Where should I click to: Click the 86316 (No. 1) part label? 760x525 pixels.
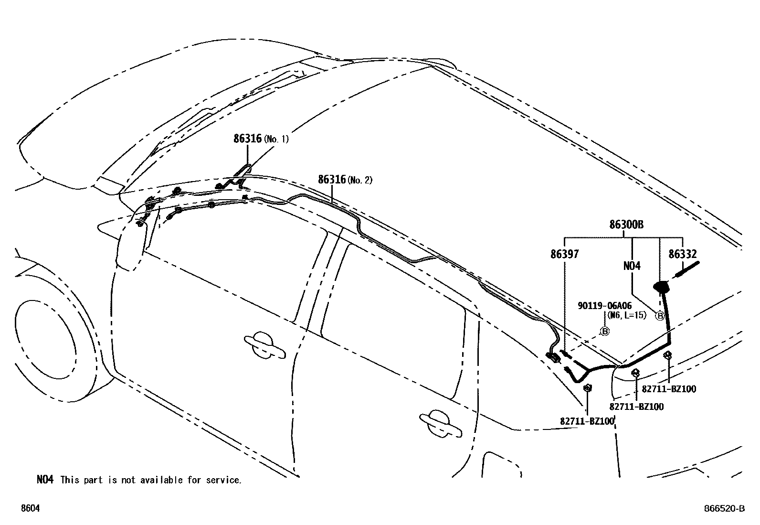pyautogui.click(x=261, y=139)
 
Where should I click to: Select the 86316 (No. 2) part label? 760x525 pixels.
pyautogui.click(x=345, y=180)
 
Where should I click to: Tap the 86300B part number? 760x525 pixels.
pyautogui.click(x=626, y=225)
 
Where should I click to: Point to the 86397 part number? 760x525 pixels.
pyautogui.click(x=564, y=255)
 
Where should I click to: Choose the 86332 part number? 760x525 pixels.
pyautogui.click(x=682, y=255)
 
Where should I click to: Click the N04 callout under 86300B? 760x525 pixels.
pyautogui.click(x=632, y=266)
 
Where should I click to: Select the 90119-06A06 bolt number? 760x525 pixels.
pyautogui.click(x=604, y=306)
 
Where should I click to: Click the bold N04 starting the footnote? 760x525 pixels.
pyautogui.click(x=45, y=480)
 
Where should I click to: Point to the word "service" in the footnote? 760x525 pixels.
pyautogui.click(x=224, y=480)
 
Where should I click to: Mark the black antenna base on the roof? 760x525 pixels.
pyautogui.click(x=661, y=286)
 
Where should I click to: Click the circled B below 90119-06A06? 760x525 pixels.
pyautogui.click(x=604, y=331)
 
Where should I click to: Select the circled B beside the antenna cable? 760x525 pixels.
pyautogui.click(x=660, y=316)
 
